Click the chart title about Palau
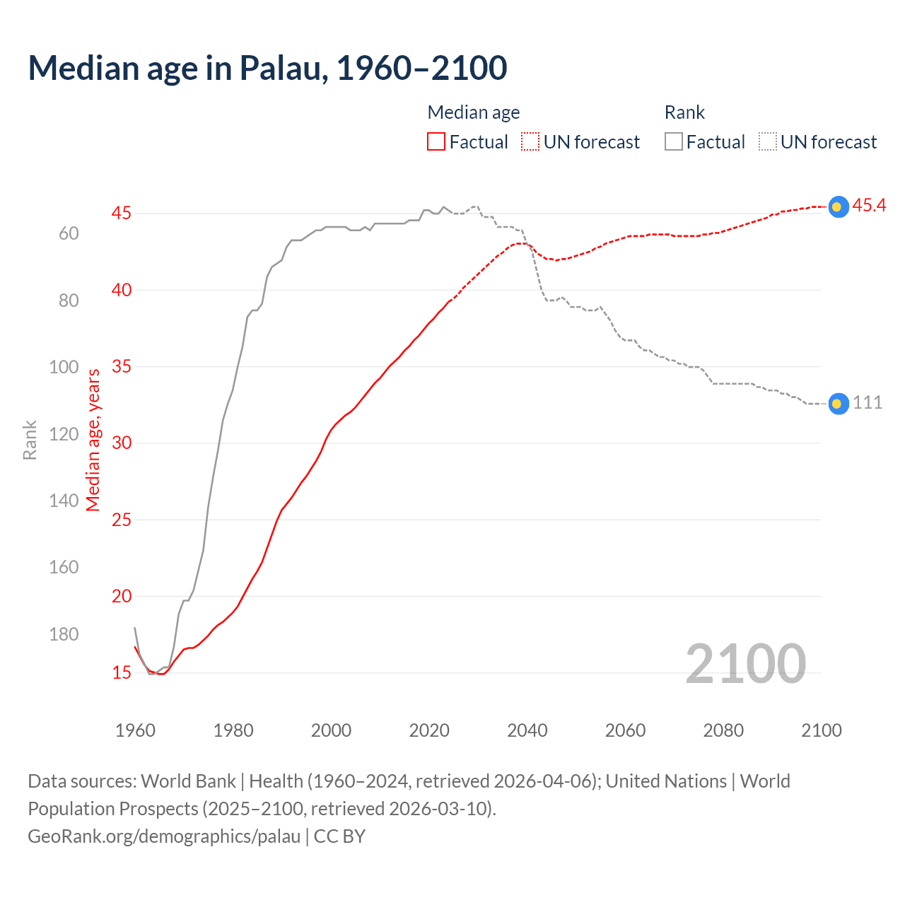click(x=267, y=68)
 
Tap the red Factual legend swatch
click(x=436, y=142)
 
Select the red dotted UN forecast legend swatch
click(x=530, y=142)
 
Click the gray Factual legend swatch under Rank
click(x=674, y=142)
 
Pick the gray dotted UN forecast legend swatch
click(x=768, y=142)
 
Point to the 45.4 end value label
click(x=869, y=205)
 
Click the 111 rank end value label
click(x=868, y=402)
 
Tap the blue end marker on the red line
click(x=838, y=206)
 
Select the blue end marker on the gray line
click(x=838, y=404)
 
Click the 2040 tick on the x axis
click(x=527, y=730)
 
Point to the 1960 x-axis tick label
click(x=135, y=730)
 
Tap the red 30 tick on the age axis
click(x=122, y=443)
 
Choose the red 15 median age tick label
click(x=122, y=672)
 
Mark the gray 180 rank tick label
click(x=64, y=634)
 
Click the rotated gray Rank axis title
click(x=30, y=440)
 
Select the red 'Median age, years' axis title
click(x=93, y=440)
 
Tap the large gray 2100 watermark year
click(x=746, y=663)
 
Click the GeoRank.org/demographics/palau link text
click(x=164, y=836)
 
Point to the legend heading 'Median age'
click(x=474, y=112)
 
